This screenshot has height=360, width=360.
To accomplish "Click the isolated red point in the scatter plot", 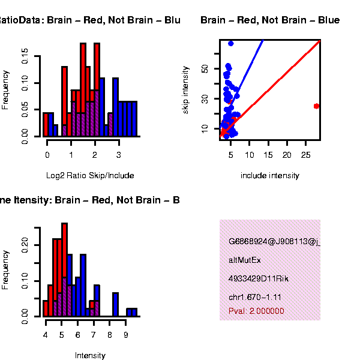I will coord(316,106).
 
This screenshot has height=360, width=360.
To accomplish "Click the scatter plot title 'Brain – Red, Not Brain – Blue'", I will coord(270,20).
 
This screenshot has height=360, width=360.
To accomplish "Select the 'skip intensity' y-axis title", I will coord(186,91).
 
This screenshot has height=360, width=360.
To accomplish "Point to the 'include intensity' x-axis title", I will coord(269,176).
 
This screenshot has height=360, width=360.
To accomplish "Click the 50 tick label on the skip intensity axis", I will coord(205,69).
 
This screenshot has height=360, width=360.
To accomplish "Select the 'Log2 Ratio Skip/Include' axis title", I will coord(90,176).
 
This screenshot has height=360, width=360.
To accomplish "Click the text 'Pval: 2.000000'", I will coord(256,311).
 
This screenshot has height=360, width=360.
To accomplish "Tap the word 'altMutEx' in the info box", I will coord(245,260).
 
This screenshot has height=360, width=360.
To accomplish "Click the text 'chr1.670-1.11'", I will coord(255,297).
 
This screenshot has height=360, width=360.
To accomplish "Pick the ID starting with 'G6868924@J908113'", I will coord(274,242).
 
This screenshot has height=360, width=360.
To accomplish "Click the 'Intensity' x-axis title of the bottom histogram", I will coord(90,356).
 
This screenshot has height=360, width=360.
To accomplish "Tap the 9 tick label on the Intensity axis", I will coord(125,335).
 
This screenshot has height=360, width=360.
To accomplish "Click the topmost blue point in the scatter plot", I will coord(231,43).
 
